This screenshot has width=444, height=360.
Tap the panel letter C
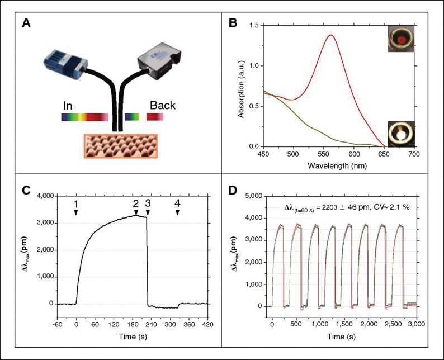point(26,189)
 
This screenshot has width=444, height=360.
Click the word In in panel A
point(68,106)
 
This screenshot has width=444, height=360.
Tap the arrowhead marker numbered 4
point(177,213)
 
